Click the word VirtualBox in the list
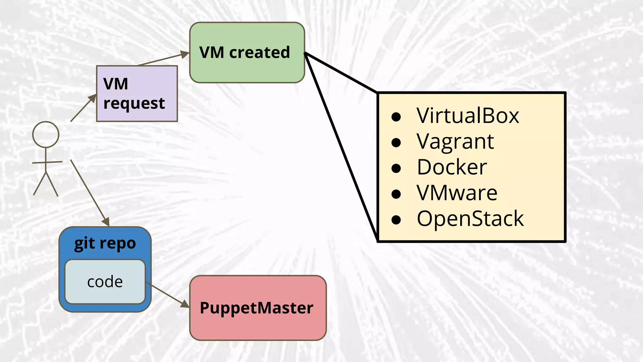coord(468,116)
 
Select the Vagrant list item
coord(455,142)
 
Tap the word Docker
coord(452,167)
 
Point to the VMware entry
coord(457,193)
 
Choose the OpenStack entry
coord(470,219)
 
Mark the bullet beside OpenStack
coord(396,220)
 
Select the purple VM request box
coord(137,94)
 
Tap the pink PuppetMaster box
coord(258,324)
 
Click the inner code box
coord(105,282)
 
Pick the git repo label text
coord(105,244)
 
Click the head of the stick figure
coord(46,134)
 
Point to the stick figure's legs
coord(46,185)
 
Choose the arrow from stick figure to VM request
coord(83,108)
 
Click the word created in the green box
coord(259,52)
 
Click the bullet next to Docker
coord(396,169)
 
